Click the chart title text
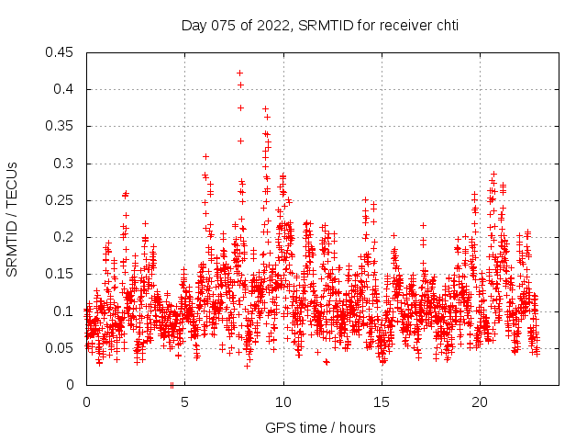click(318, 26)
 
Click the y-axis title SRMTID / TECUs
click(12, 219)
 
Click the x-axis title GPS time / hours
click(320, 427)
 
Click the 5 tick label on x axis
click(184, 401)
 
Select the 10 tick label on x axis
click(283, 401)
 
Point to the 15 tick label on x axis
click(382, 401)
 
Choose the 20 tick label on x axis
click(481, 401)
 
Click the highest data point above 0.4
click(239, 73)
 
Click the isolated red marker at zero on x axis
click(172, 385)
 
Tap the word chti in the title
click(446, 26)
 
